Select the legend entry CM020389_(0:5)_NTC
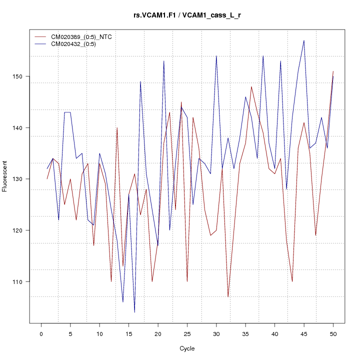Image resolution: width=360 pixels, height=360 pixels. click(85, 37)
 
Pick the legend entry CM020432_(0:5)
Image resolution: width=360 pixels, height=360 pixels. click(77, 44)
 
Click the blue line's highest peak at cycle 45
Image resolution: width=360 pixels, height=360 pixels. click(304, 40)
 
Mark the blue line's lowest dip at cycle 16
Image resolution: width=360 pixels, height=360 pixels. click(134, 312)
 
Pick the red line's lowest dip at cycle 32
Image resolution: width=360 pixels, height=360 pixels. click(228, 297)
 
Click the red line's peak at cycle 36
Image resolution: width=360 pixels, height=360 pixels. click(251, 86)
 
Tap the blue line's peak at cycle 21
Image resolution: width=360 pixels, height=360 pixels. click(164, 61)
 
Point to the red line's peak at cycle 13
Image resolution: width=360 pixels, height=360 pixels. click(117, 128)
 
